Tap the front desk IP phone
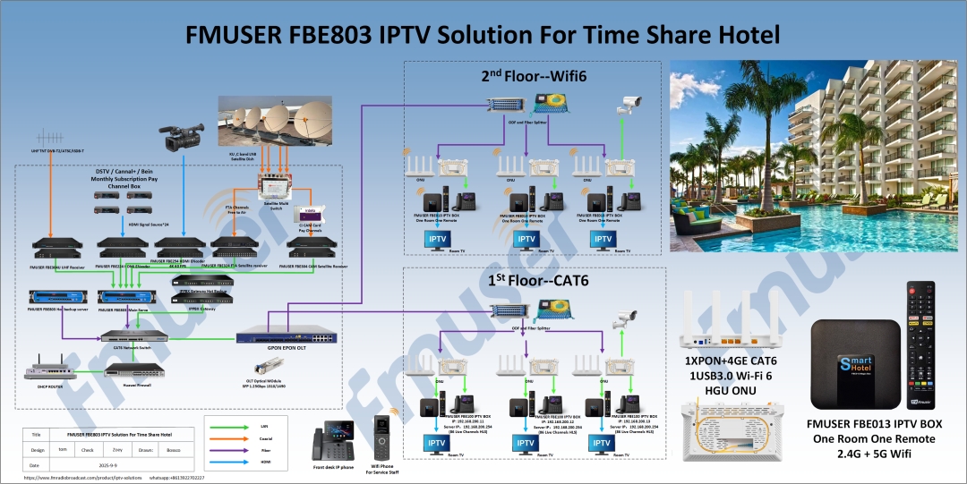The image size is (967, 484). point(331,445)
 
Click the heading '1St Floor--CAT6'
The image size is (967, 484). point(531,282)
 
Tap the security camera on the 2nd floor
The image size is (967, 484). point(629,103)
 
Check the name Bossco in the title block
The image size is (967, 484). point(174,449)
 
